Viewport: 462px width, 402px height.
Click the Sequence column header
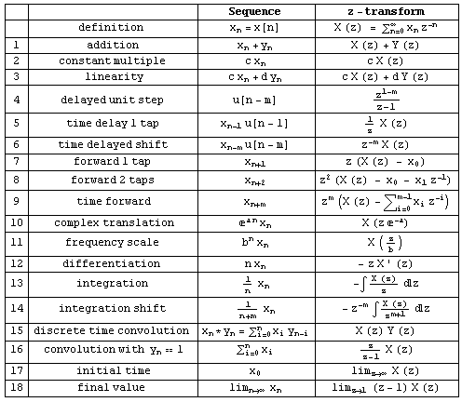click(x=255, y=11)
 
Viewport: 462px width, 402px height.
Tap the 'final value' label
click(x=113, y=386)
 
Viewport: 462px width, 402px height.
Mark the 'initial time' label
click(x=113, y=368)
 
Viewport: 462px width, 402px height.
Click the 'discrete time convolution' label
click(x=113, y=330)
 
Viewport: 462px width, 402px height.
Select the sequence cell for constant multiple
click(x=255, y=60)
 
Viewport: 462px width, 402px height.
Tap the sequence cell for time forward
click(x=255, y=201)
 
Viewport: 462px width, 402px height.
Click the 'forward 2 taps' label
click(x=113, y=179)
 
